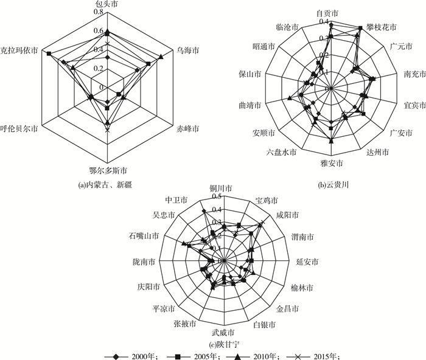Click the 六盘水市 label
[281, 152]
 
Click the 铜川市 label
[222, 188]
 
